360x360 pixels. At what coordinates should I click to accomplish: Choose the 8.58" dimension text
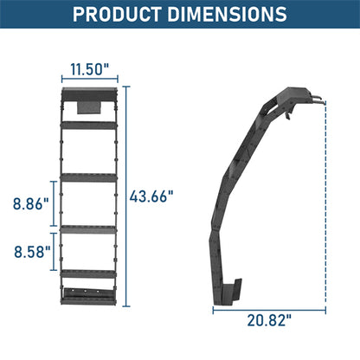point(30,253)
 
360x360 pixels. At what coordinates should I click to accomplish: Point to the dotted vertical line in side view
point(327,199)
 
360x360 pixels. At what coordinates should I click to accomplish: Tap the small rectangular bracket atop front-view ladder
point(90,106)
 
